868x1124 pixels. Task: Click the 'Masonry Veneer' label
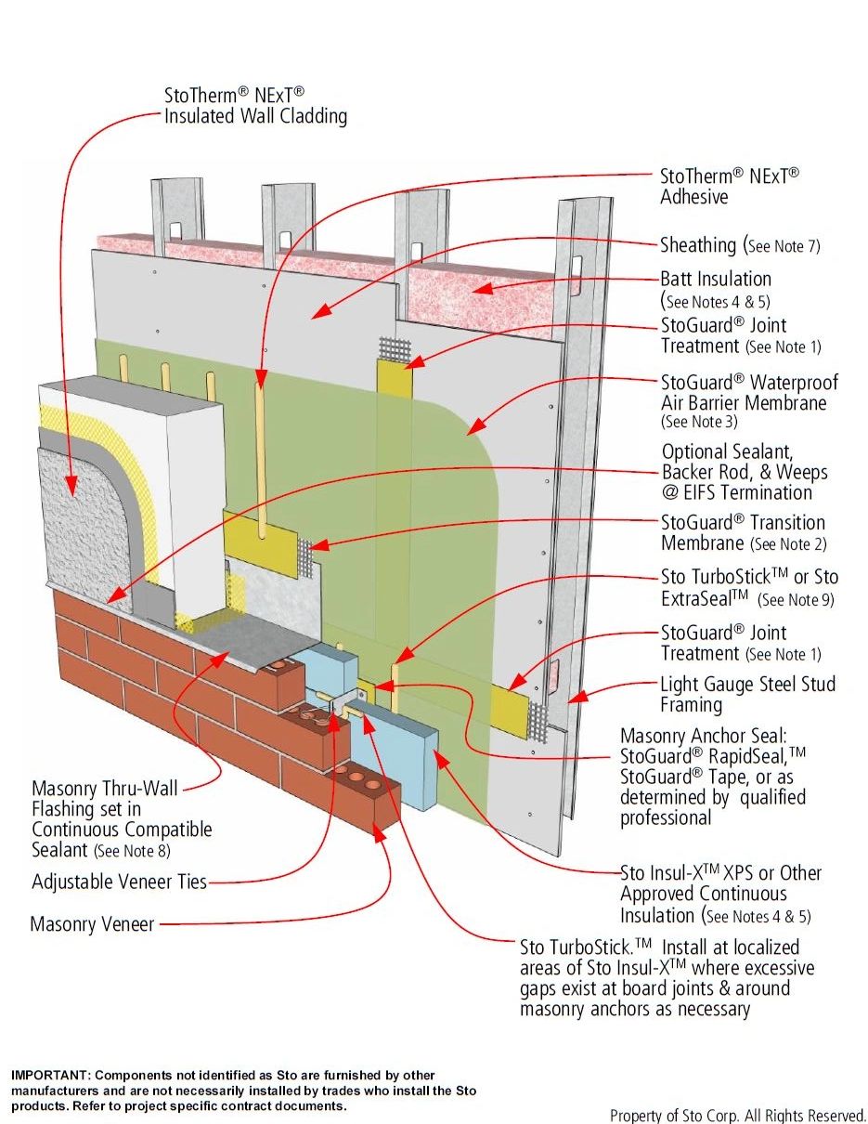coord(92,924)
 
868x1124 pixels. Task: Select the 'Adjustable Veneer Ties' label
coord(119,882)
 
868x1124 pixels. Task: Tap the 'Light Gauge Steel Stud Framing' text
coord(747,695)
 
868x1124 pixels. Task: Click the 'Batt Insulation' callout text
coord(715,279)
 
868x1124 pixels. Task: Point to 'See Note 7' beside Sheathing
coord(784,247)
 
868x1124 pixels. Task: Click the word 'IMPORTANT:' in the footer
coord(51,1075)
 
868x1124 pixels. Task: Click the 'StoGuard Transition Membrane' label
coord(743,532)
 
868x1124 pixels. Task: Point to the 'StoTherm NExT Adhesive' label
coord(729,185)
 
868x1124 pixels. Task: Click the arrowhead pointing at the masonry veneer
coord(381,836)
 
